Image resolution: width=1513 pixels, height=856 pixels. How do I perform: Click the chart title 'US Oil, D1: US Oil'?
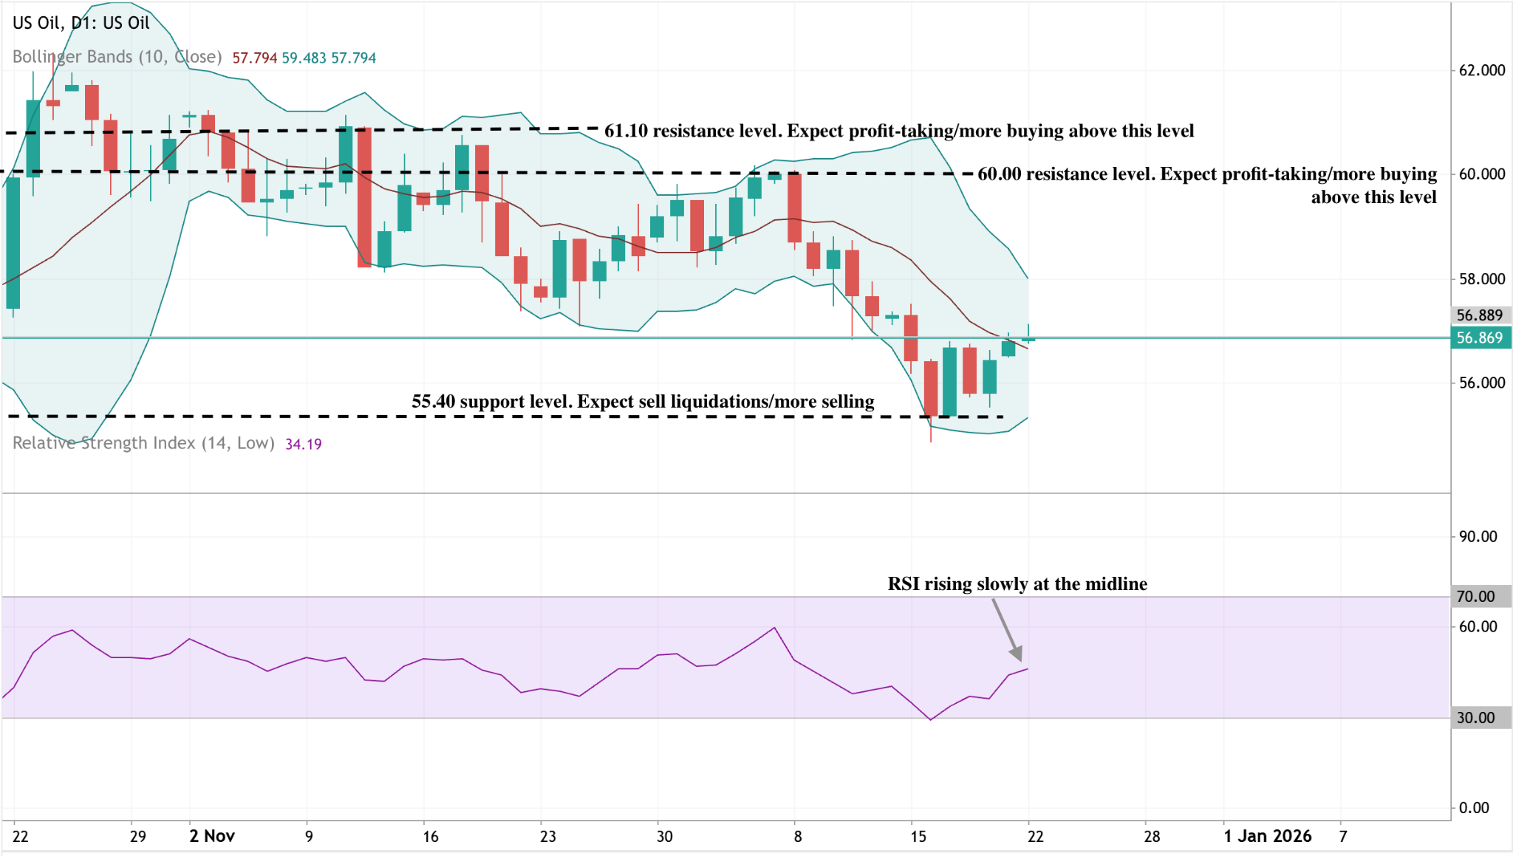point(81,23)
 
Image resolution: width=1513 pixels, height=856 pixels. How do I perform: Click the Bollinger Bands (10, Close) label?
point(117,57)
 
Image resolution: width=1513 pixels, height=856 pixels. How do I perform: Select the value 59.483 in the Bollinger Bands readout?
point(304,58)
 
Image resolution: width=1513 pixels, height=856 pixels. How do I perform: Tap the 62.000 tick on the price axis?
point(1481,70)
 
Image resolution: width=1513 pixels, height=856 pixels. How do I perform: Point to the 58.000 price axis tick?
point(1481,279)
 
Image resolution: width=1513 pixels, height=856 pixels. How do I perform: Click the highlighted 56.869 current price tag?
point(1479,338)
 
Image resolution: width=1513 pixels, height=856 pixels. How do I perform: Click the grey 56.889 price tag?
point(1479,315)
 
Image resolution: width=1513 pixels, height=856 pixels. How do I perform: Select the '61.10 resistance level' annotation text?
point(898,131)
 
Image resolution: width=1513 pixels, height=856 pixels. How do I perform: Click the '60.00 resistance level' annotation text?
point(1206,174)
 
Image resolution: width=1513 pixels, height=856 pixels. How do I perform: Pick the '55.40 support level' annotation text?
point(643,402)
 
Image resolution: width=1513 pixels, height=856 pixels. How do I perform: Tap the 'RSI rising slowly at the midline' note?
point(1017,584)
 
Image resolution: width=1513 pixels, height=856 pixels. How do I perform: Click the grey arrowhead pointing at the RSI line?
point(1017,654)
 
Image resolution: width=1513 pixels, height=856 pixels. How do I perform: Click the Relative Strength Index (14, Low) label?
point(143,443)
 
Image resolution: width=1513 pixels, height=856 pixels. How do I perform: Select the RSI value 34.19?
point(304,444)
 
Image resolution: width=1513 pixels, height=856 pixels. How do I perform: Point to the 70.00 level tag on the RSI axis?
point(1475,597)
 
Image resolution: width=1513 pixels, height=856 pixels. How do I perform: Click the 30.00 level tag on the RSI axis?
point(1475,718)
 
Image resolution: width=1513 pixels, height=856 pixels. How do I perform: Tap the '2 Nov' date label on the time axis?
point(212,836)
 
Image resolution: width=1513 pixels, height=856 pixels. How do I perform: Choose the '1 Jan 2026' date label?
point(1267,836)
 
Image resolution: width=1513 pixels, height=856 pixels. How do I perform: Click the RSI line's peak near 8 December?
point(774,628)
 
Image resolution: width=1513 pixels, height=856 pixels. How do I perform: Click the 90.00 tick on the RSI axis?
point(1478,537)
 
